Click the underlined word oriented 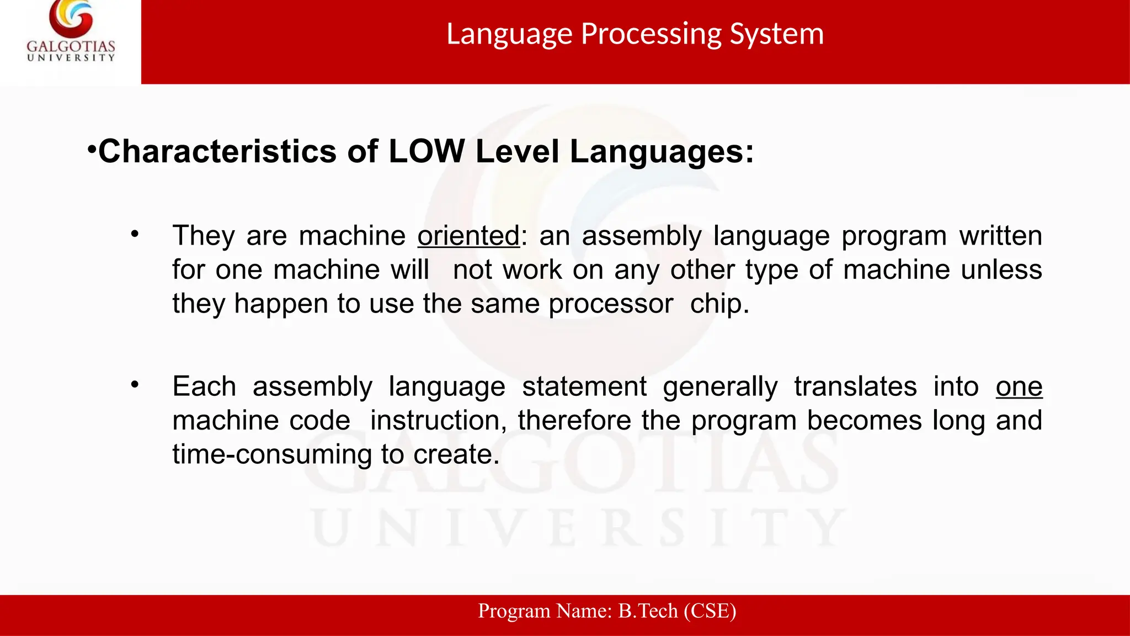(468, 236)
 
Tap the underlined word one (1019, 386)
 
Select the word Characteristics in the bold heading (217, 151)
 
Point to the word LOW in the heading (427, 151)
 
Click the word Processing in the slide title (651, 34)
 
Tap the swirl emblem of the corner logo (71, 19)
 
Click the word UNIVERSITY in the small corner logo (71, 57)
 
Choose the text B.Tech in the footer (648, 611)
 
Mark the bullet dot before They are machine (135, 235)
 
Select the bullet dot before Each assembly (135, 385)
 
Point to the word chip (719, 304)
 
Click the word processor (611, 304)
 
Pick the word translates (855, 386)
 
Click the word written (1000, 236)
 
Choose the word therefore (574, 421)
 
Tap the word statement (584, 386)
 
